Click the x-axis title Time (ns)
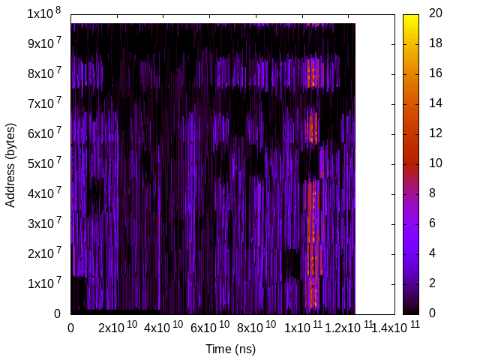tap(231, 349)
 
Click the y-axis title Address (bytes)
tap(10, 163)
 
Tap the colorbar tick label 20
tap(435, 13)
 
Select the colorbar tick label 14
tap(435, 103)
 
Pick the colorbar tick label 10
tap(435, 163)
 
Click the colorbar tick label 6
tap(432, 223)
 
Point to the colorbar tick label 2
tap(432, 283)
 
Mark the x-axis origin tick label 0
tap(70, 328)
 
